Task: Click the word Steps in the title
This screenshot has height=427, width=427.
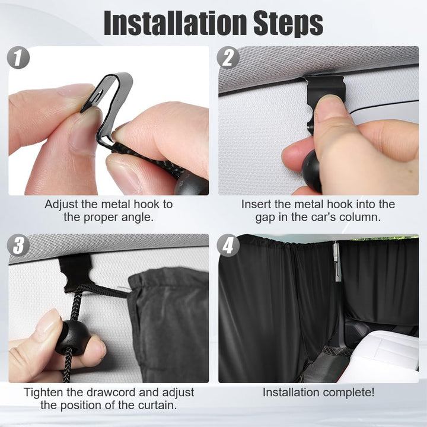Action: pos(288,24)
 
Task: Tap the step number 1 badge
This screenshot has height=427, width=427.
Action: pos(18,58)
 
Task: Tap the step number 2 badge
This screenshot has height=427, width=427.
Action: pos(228,58)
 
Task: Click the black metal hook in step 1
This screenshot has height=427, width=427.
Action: pos(109,103)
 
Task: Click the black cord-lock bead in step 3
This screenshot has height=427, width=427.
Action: pos(72,338)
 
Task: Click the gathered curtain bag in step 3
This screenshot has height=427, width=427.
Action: pos(168,324)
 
